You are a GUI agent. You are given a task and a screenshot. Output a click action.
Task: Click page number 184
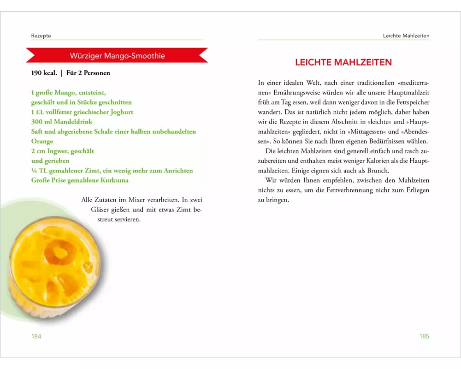pyautogui.click(x=36, y=336)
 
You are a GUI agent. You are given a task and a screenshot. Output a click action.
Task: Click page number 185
pyautogui.click(x=424, y=336)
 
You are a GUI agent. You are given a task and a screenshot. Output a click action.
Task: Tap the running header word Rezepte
pyautogui.click(x=41, y=36)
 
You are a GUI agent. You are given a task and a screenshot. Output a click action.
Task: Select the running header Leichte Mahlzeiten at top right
pyautogui.click(x=406, y=36)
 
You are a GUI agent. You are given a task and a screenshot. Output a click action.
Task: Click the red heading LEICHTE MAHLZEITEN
pyautogui.click(x=343, y=62)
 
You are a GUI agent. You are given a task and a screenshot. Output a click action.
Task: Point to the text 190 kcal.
pyautogui.click(x=44, y=73)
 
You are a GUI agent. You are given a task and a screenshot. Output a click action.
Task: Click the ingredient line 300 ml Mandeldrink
pyautogui.click(x=62, y=122)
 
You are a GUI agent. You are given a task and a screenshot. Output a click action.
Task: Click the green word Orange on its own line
pyautogui.click(x=42, y=141)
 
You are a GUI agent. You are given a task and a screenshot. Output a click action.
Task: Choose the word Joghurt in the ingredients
pyautogui.click(x=121, y=112)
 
